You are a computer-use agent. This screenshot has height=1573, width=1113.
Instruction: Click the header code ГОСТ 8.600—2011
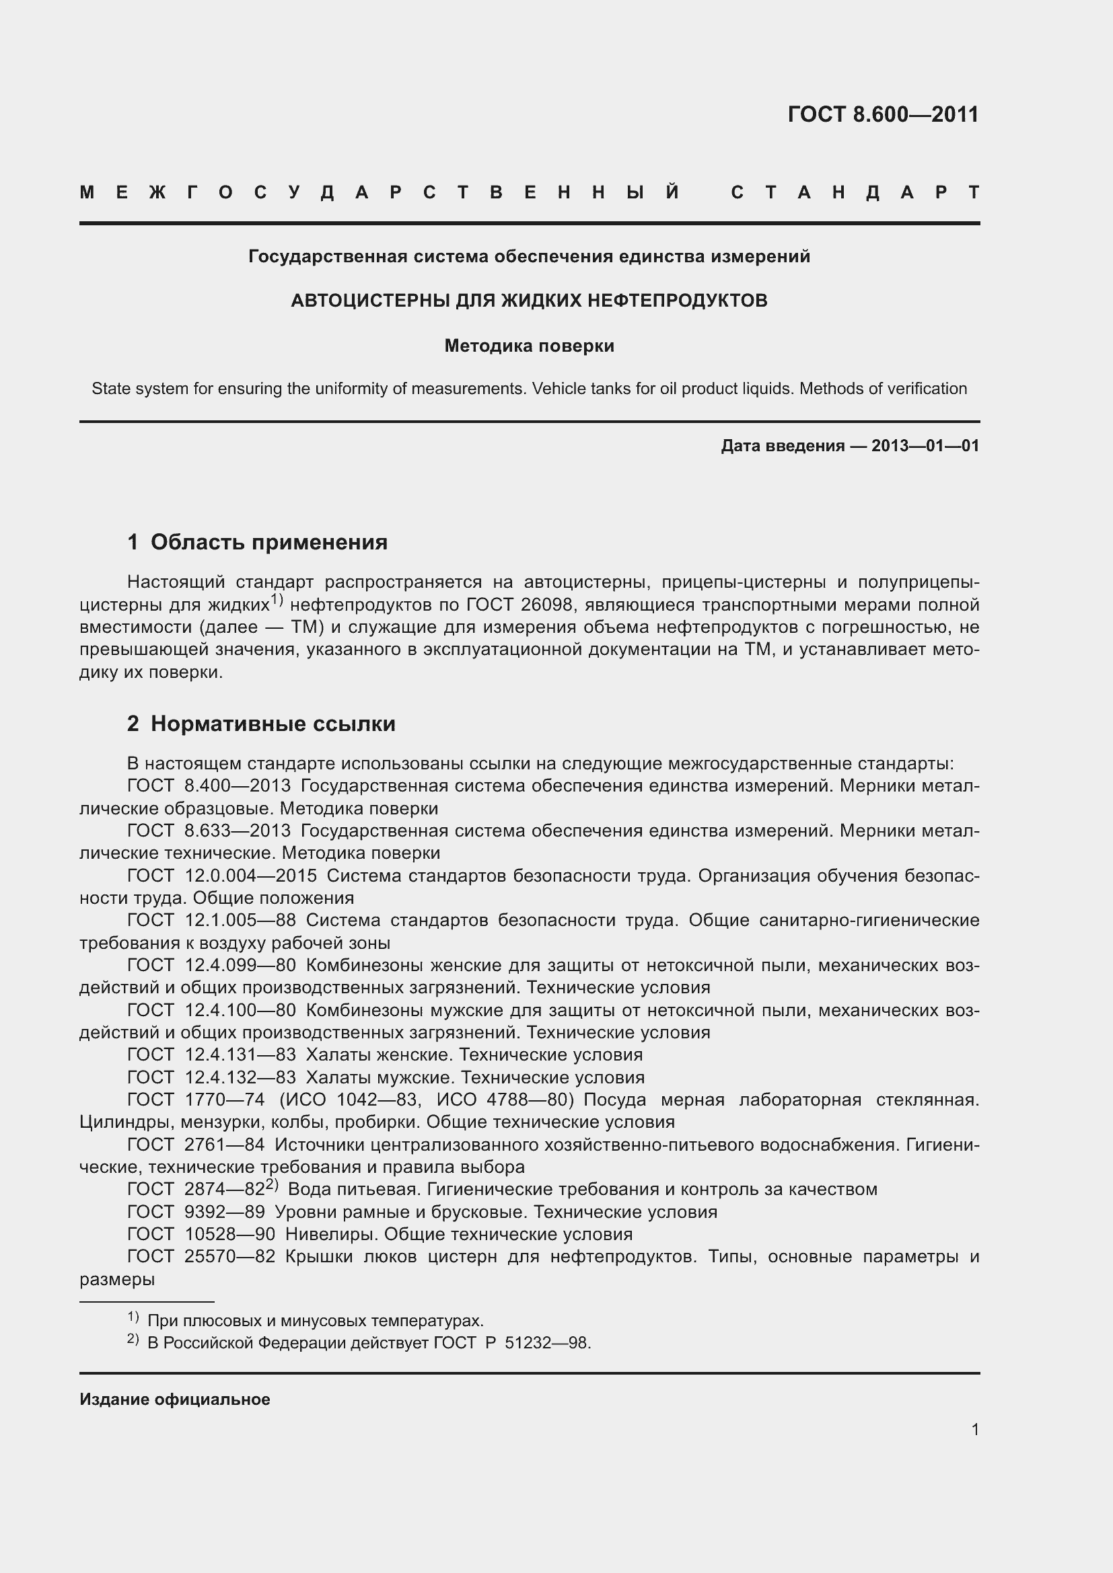point(883,114)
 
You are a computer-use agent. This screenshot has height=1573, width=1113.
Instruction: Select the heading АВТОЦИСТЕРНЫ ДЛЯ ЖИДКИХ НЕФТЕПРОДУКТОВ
point(529,301)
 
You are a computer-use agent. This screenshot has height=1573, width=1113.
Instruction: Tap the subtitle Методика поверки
point(529,346)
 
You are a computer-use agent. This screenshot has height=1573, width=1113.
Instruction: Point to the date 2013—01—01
point(925,446)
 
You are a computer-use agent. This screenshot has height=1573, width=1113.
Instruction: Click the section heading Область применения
point(268,542)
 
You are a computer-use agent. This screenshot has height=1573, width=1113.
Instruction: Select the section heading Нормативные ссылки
point(273,724)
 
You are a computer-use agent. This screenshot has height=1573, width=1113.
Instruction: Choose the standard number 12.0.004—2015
point(250,876)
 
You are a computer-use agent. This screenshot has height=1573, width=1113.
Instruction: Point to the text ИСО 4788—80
point(505,1100)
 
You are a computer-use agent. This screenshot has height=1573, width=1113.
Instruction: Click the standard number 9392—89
point(224,1212)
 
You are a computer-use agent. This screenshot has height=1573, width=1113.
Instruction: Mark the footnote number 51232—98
point(546,1342)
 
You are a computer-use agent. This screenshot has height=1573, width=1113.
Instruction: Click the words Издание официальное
point(175,1399)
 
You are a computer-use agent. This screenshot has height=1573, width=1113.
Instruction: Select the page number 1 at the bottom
point(974,1429)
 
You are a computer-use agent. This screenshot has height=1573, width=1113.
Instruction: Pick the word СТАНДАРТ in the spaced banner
point(855,192)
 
